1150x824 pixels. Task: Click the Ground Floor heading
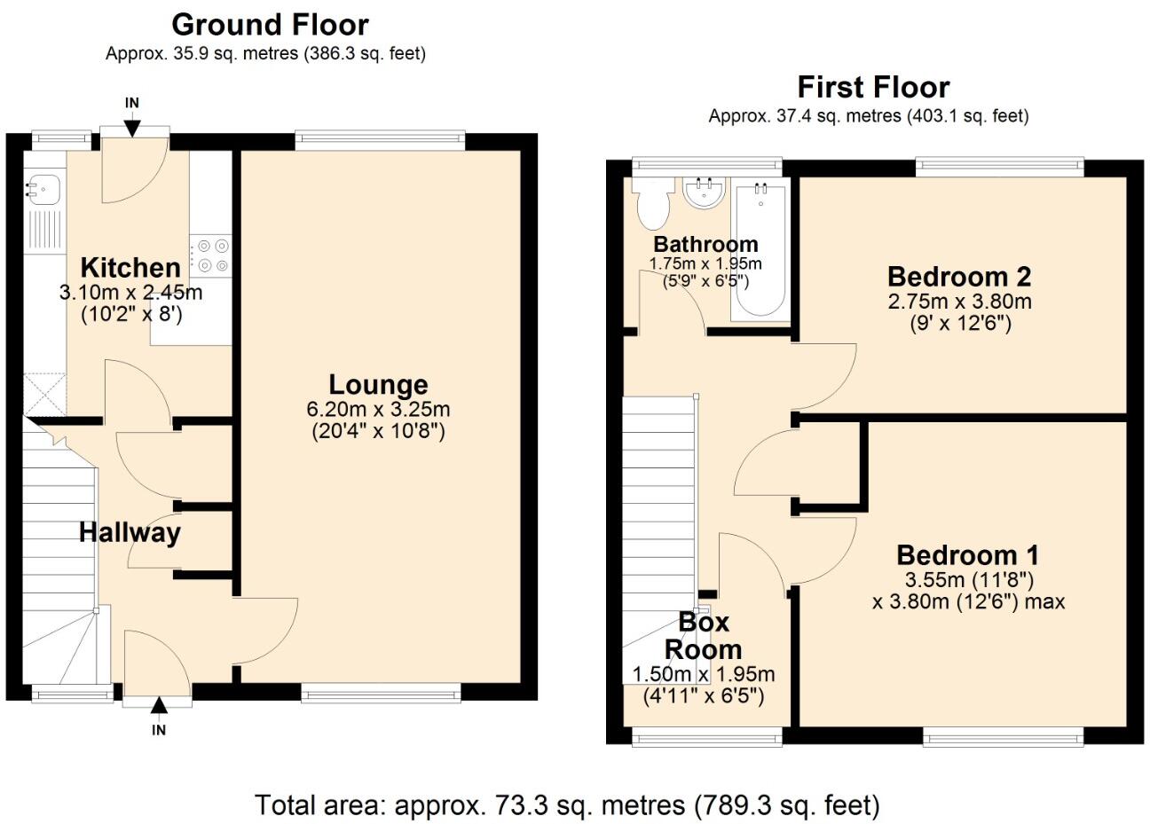coord(270,24)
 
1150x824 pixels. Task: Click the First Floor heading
coord(872,87)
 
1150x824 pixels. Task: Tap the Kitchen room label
coord(130,267)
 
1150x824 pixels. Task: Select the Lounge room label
coord(378,385)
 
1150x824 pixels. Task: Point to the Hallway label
coord(130,532)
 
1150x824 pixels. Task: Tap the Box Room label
coord(703,635)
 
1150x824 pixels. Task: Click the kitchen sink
coord(42,188)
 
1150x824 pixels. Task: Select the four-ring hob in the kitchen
coord(212,255)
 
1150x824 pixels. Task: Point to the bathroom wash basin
coord(705,192)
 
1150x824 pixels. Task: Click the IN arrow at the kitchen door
coord(131,126)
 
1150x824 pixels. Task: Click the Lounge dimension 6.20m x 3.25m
coord(378,410)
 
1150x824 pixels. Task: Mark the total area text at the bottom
coord(568,804)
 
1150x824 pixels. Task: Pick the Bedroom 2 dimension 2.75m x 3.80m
coord(959,302)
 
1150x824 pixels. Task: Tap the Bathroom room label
coord(705,244)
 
